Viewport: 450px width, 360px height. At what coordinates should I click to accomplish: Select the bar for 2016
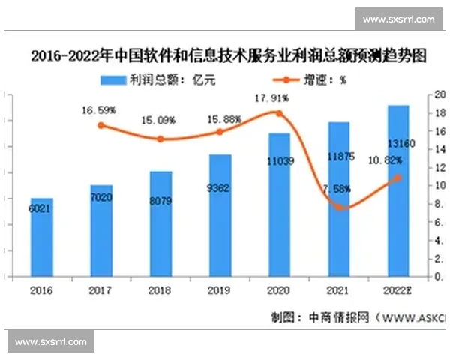pos(42,238)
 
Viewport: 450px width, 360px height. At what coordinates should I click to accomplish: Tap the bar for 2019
pos(220,216)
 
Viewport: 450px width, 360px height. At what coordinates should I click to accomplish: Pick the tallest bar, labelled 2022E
pos(398,191)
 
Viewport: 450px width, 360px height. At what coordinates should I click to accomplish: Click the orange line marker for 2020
pos(280,113)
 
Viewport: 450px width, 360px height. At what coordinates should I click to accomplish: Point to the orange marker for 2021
pos(339,207)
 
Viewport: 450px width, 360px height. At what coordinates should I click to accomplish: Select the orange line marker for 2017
pos(101,125)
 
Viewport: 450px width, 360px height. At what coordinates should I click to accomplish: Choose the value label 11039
pos(280,161)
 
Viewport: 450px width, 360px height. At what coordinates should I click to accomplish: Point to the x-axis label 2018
pos(160,290)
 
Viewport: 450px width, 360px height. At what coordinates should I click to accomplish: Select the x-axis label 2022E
pos(398,290)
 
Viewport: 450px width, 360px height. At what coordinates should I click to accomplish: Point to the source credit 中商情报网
pos(341,317)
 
